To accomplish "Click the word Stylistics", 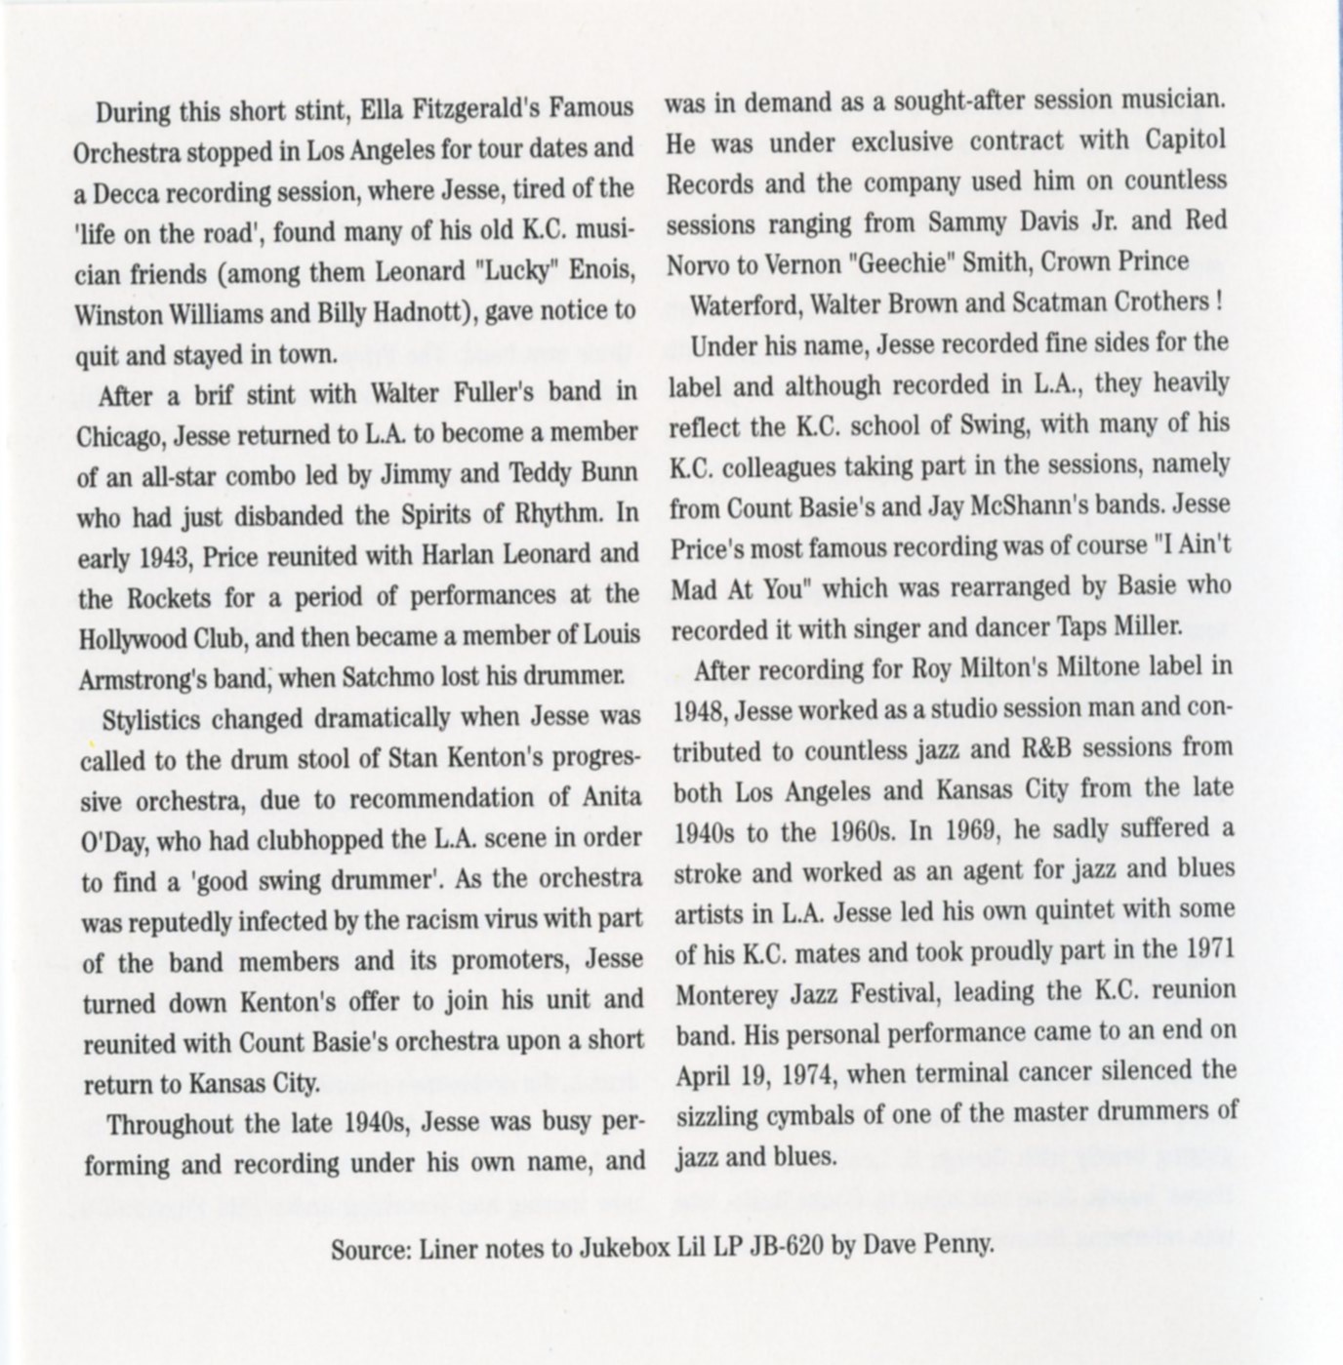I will pyautogui.click(x=149, y=720).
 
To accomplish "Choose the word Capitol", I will pyautogui.click(x=1185, y=141).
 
